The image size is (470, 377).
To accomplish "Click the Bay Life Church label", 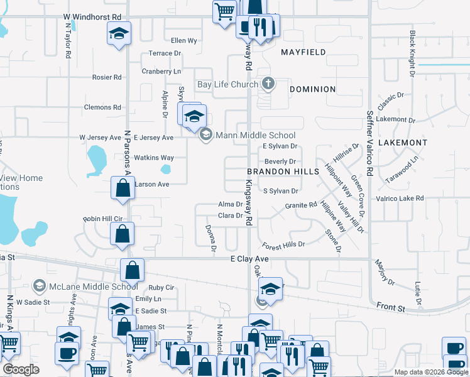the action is coord(227,84).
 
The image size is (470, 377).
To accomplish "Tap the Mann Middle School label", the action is coord(255,135).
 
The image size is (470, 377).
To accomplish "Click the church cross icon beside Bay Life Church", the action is coord(268,84).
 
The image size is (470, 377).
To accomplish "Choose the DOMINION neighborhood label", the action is coord(312,89).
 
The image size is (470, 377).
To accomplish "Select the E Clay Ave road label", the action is coord(249,259).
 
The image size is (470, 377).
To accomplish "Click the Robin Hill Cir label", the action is coord(102,219).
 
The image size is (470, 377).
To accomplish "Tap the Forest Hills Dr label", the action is coord(283,244).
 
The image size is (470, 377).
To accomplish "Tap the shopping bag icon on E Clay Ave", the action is coord(133,270).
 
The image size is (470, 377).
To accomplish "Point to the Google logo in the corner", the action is coord(21,369).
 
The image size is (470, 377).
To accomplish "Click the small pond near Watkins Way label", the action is coord(166,168).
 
